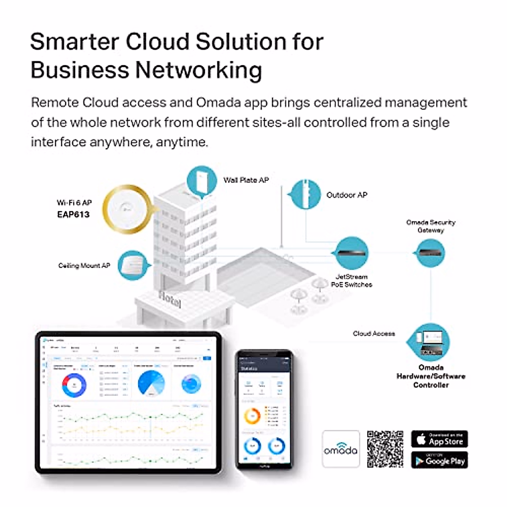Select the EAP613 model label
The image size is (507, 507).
point(74,214)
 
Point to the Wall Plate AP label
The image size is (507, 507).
point(246,180)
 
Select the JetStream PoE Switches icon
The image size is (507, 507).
point(352,253)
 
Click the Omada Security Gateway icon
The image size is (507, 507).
point(431,253)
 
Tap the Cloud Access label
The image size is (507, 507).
point(374,333)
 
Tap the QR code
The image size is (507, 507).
point(385,449)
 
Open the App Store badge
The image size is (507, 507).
point(439,439)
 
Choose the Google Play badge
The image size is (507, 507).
point(439,461)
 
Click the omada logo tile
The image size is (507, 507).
point(341,449)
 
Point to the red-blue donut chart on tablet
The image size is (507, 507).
point(75,384)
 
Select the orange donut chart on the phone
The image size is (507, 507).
point(252,416)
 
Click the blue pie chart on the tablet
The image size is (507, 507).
point(151,384)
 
